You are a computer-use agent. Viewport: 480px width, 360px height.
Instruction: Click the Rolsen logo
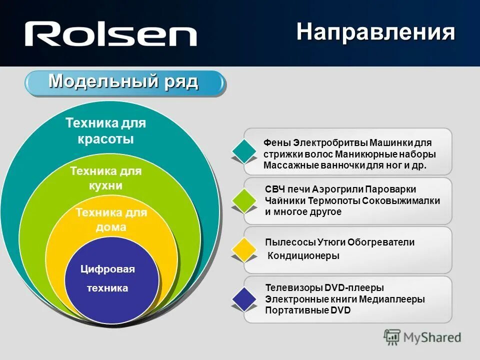coord(111,34)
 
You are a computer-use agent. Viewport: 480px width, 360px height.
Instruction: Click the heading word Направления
coord(375,32)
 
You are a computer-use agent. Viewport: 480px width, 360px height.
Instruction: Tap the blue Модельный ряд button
coord(123,82)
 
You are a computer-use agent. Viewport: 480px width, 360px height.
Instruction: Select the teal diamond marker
coord(244,149)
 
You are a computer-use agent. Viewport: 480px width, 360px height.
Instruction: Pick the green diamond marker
coord(244,200)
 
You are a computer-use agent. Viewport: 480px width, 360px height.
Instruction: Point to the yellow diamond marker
coord(244,249)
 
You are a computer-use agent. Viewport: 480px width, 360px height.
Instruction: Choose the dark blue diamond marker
coord(244,299)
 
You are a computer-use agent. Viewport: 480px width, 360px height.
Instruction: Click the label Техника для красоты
coord(106,130)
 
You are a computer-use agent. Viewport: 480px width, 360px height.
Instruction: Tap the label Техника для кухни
coord(106,178)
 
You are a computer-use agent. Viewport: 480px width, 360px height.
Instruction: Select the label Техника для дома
coord(111,220)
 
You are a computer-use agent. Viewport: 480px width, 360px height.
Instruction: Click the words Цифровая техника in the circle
coord(107,278)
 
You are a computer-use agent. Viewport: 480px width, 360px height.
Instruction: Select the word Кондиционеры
coord(304,256)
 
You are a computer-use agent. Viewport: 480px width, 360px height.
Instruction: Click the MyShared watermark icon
coord(392,337)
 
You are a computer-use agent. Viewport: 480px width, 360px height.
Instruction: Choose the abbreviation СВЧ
coord(275,189)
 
